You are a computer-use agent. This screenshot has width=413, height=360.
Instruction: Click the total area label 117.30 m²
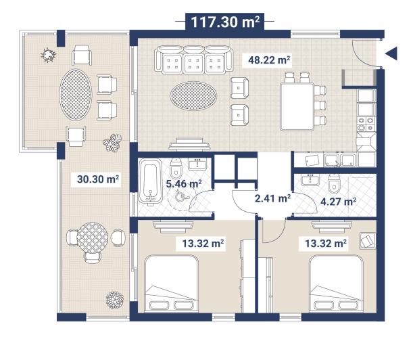click(225, 22)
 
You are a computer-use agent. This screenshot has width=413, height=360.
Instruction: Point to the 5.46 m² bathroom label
click(185, 183)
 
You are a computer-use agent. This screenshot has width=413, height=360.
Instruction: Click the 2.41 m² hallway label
click(272, 198)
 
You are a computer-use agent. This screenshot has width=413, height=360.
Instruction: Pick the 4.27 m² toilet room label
click(338, 201)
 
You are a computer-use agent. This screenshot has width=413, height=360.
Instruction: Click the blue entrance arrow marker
click(390, 55)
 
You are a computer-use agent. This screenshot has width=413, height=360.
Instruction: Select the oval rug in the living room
click(195, 94)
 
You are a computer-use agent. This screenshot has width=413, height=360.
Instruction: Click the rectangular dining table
click(295, 106)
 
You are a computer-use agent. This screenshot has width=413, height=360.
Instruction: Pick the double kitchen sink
click(341, 160)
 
